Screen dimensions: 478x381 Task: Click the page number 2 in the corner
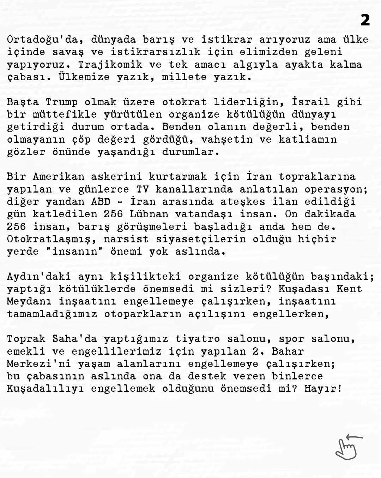point(365,20)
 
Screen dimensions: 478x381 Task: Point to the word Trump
point(62,102)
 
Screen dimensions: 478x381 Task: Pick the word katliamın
point(308,140)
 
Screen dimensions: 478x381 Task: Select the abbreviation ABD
point(101,202)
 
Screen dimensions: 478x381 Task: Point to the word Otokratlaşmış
point(52,239)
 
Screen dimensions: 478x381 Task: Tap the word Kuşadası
point(304,289)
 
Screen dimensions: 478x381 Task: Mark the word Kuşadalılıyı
point(46,389)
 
